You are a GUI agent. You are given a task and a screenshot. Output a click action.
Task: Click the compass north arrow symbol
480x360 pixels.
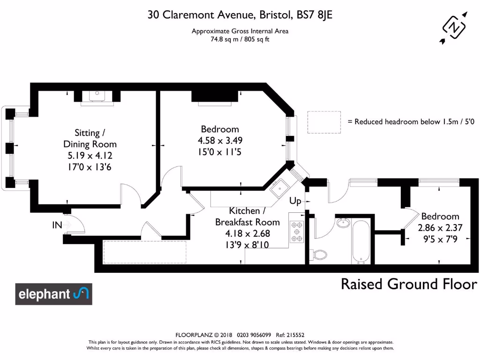(453, 27)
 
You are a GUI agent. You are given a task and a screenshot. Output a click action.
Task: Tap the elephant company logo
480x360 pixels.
(53, 294)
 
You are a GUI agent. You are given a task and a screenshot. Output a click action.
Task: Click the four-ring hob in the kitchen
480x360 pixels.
(296, 232)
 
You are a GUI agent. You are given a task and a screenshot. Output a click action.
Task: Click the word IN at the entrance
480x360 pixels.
(57, 225)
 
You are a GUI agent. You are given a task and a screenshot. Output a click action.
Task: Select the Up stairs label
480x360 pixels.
(295, 202)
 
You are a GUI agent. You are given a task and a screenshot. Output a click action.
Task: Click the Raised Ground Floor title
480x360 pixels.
(409, 284)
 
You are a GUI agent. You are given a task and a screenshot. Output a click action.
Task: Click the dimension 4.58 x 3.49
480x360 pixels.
(220, 140)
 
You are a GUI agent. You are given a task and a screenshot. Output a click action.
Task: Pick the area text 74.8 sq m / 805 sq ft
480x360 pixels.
(240, 39)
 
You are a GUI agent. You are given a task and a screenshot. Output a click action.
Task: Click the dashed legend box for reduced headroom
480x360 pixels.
(324, 121)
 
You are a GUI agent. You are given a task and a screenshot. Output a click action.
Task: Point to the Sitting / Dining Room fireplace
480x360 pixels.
(97, 96)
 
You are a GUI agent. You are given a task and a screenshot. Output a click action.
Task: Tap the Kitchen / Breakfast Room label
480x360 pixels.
(247, 217)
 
